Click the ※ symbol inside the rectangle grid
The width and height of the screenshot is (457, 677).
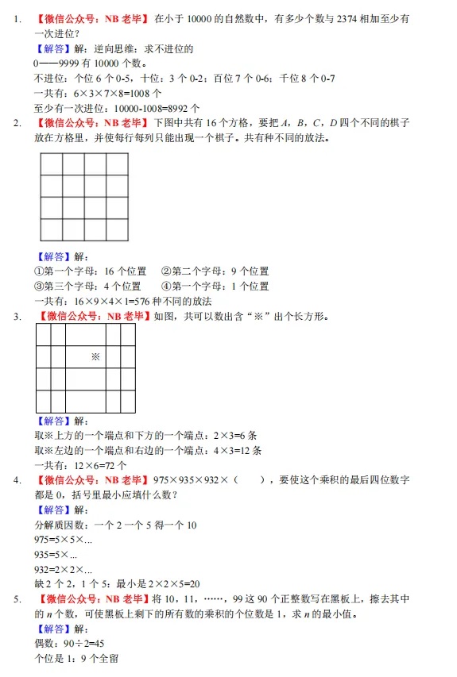pyautogui.click(x=95, y=357)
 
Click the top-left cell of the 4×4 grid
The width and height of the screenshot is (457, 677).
pyautogui.click(x=52, y=163)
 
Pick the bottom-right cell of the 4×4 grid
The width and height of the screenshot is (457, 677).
pyautogui.click(x=117, y=229)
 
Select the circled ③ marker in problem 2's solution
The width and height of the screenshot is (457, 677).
pyautogui.click(x=40, y=286)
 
